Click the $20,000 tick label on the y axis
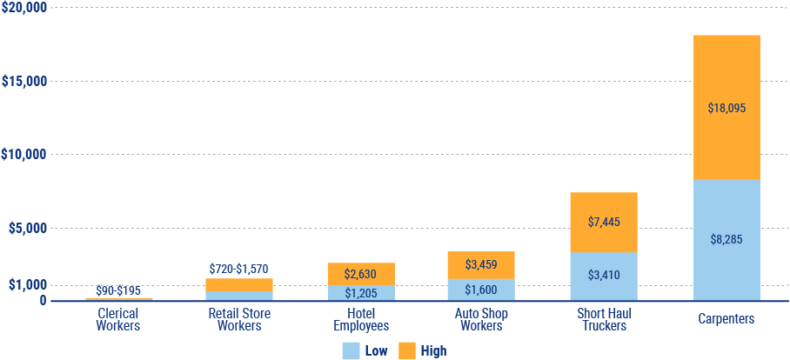24,8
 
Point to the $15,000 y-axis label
24,82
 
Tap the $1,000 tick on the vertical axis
28,285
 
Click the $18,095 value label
726,109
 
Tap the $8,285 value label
726,238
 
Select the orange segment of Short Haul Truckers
604,209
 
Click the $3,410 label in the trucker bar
604,276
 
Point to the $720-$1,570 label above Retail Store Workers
239,269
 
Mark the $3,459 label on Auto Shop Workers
481,263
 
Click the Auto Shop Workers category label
481,319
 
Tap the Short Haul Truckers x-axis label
604,319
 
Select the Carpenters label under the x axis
726,319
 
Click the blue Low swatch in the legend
351,350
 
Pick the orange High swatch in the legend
407,350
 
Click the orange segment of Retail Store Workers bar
239,285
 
